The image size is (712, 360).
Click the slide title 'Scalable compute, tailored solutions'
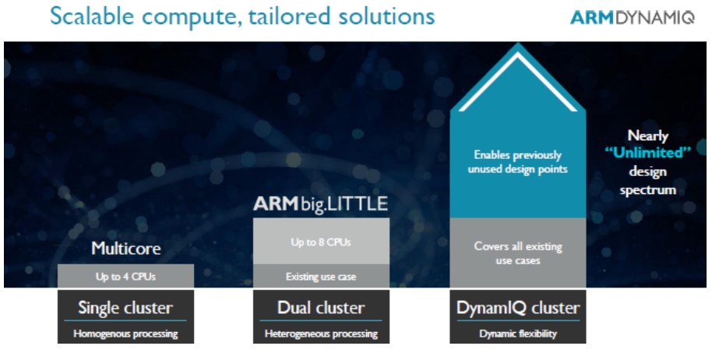click(x=242, y=16)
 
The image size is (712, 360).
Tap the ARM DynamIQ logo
click(x=632, y=17)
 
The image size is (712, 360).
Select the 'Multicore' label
click(x=125, y=249)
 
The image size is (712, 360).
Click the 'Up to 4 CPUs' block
click(x=125, y=276)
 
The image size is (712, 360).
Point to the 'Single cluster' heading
click(x=125, y=308)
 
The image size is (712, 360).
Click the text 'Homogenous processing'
click(x=125, y=334)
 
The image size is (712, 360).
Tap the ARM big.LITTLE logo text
click(x=321, y=204)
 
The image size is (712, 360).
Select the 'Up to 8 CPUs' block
click(x=321, y=241)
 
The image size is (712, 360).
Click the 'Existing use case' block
click(x=321, y=276)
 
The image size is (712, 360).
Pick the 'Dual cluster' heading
click(x=321, y=308)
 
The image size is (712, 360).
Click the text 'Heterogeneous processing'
click(x=321, y=334)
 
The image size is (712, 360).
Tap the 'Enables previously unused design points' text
click(x=518, y=162)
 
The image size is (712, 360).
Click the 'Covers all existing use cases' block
click(x=518, y=253)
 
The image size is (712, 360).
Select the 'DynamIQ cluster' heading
click(x=518, y=308)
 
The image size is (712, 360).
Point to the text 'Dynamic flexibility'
click(x=518, y=334)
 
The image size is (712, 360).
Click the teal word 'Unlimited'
click(x=648, y=153)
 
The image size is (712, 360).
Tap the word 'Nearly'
click(x=648, y=136)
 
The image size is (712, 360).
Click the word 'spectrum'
click(x=648, y=190)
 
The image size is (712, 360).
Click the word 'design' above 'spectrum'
click(x=648, y=171)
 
